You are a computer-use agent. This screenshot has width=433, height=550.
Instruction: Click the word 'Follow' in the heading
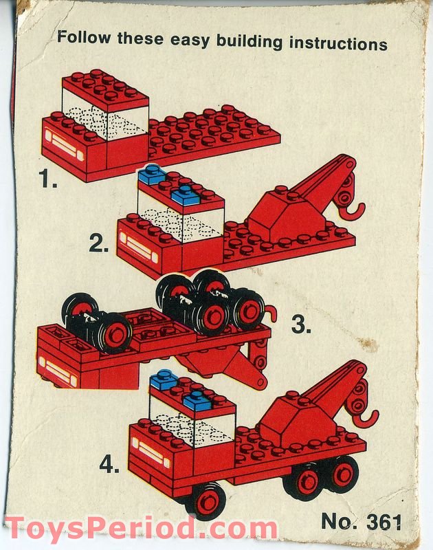coord(84,38)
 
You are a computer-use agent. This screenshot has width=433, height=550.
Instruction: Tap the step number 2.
coord(99,243)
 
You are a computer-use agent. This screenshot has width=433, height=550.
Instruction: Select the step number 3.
coord(301,324)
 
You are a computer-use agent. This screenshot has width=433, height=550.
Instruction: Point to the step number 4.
coord(109,465)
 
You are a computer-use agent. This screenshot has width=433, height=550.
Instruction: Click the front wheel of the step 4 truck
coord(206,500)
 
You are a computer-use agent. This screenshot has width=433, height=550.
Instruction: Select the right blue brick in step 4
coord(197,399)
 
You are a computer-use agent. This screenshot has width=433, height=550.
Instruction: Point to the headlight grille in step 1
coord(65,145)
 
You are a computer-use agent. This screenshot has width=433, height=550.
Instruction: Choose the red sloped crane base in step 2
coord(277,214)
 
